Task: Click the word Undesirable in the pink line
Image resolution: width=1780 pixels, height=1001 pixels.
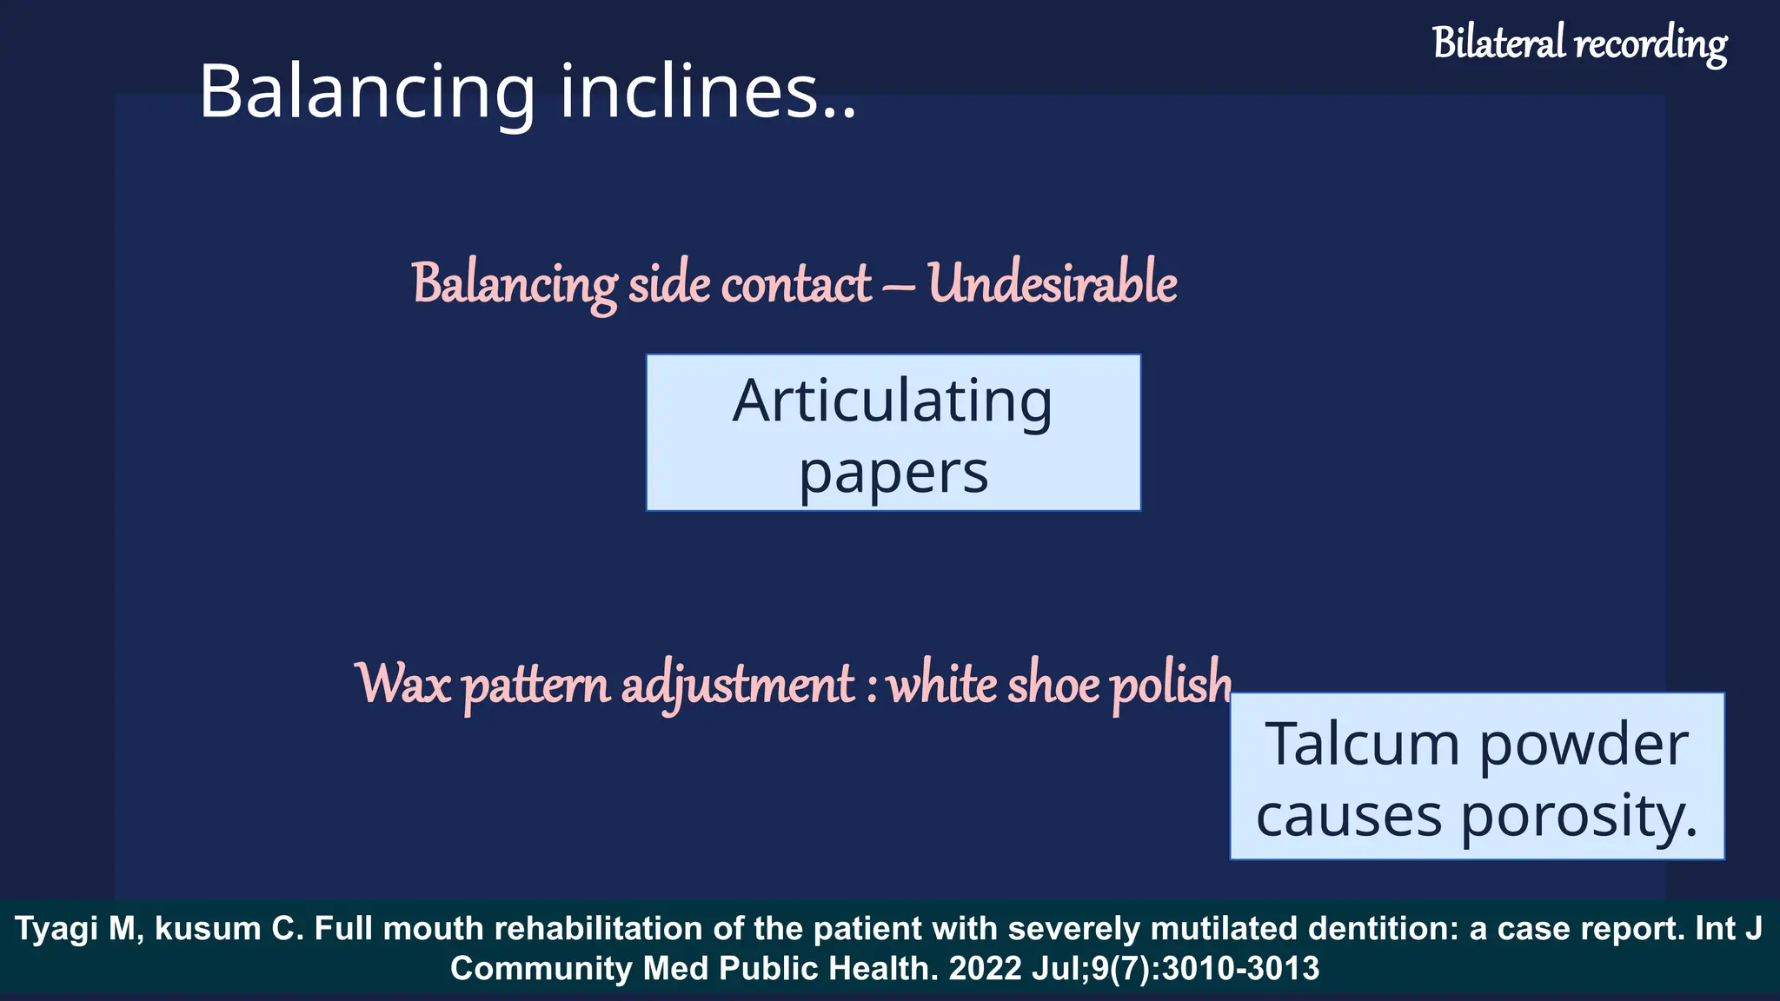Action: point(1052,283)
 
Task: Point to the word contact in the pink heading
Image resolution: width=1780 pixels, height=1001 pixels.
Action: point(796,283)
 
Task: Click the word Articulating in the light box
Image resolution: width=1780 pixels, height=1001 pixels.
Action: point(893,401)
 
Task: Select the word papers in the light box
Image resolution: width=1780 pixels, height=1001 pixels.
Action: point(893,474)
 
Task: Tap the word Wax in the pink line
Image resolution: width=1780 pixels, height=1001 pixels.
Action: point(404,684)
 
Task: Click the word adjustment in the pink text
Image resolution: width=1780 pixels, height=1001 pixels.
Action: point(738,686)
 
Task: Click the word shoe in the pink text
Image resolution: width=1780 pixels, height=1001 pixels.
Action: point(1053,684)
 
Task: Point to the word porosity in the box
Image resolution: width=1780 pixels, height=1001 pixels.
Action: point(1577,818)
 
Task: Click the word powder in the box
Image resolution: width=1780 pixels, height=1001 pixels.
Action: point(1583,746)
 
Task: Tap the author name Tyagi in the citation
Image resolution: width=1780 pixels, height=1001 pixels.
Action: point(55,930)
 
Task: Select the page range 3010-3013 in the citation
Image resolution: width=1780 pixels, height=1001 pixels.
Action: point(1240,968)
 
